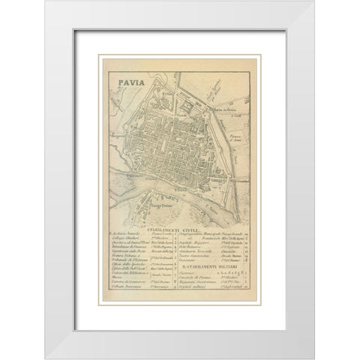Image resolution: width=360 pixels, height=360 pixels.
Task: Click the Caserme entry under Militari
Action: (193, 277)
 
